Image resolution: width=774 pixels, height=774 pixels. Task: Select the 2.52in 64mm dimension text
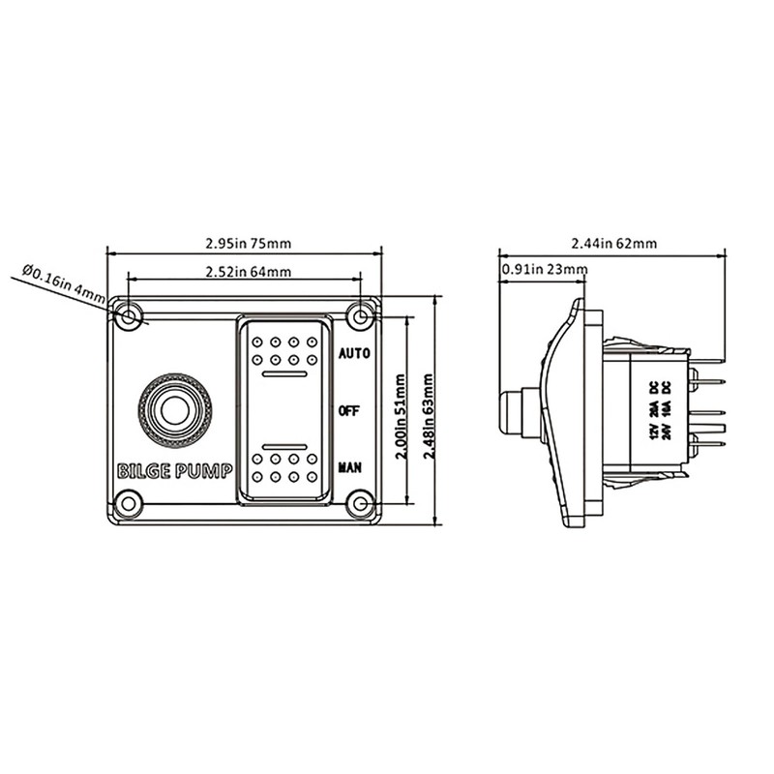click(x=244, y=272)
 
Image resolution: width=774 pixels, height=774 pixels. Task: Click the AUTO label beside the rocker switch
click(x=354, y=354)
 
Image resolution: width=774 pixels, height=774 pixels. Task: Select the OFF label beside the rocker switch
click(x=350, y=410)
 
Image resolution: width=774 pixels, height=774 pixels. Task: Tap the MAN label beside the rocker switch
click(x=350, y=467)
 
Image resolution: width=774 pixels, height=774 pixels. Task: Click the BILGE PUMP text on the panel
click(x=174, y=472)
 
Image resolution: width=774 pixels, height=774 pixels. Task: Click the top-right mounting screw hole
click(x=362, y=316)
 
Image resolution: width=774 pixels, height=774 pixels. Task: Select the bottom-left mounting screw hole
click(x=127, y=502)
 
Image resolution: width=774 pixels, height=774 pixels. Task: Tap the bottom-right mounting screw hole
click(x=361, y=503)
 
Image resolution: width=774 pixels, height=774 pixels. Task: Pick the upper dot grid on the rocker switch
click(x=284, y=351)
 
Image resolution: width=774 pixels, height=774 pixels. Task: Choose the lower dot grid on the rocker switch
click(x=284, y=466)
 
